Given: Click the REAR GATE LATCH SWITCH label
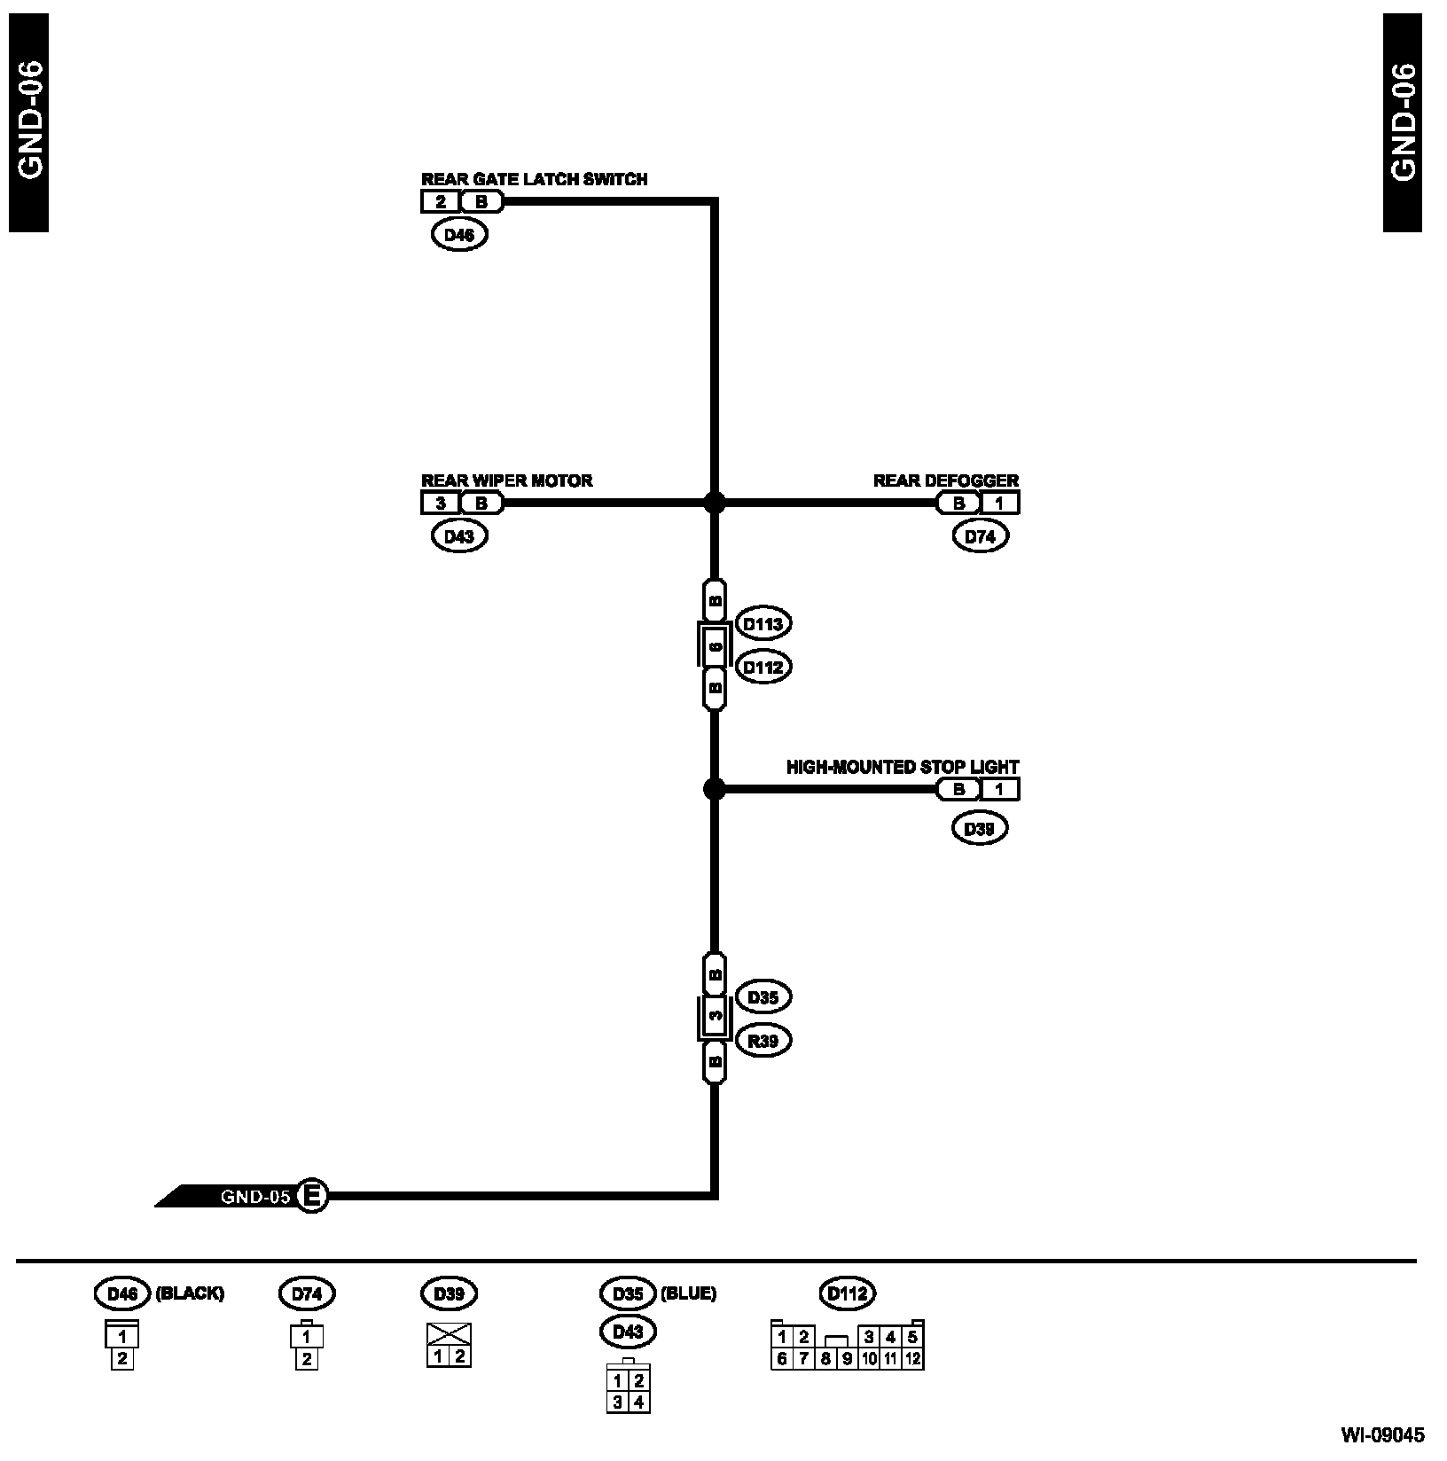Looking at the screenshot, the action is pyautogui.click(x=534, y=179).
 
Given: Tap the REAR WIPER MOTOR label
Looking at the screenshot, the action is pyautogui.click(x=506, y=480).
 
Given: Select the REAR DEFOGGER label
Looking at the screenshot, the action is pyautogui.click(x=946, y=480).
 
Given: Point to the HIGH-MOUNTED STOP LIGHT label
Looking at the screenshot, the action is pyautogui.click(x=903, y=767).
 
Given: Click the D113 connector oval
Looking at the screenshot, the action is pyautogui.click(x=763, y=624).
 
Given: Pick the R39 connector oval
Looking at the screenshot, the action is pyautogui.click(x=763, y=1041).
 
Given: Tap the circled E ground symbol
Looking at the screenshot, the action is pyautogui.click(x=311, y=1196).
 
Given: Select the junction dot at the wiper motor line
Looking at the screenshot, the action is pyautogui.click(x=714, y=503).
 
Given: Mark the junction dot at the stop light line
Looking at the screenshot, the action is pyautogui.click(x=714, y=788).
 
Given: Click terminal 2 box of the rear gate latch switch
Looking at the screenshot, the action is pyautogui.click(x=441, y=202).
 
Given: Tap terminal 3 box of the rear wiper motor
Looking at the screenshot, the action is pyautogui.click(x=441, y=504).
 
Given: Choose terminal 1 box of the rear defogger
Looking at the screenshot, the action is pyautogui.click(x=999, y=504).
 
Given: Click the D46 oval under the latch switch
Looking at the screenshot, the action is pyautogui.click(x=459, y=235).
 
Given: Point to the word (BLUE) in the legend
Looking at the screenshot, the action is pyautogui.click(x=688, y=1293).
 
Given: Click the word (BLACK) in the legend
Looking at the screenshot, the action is pyautogui.click(x=190, y=1293).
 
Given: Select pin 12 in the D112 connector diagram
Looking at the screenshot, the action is pyautogui.click(x=913, y=1359).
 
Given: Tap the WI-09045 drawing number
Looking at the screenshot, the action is pyautogui.click(x=1382, y=1434).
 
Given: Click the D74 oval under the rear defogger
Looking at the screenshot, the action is pyautogui.click(x=981, y=536).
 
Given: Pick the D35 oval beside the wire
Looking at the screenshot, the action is pyautogui.click(x=763, y=997).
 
